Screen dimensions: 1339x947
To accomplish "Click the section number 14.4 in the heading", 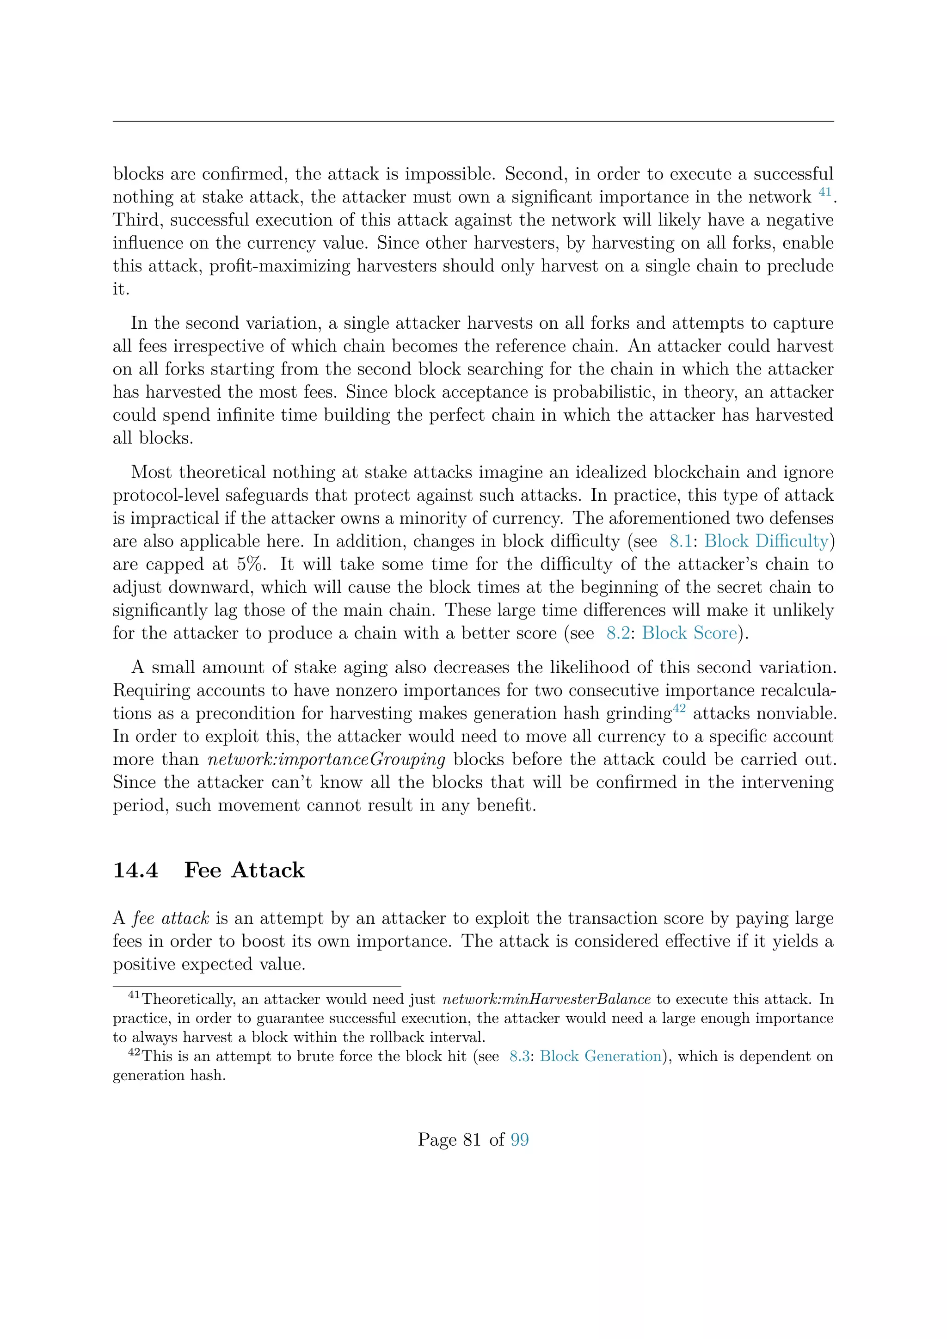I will tap(135, 870).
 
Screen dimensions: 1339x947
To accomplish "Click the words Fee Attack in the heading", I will tap(244, 870).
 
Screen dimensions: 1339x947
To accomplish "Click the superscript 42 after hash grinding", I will tap(680, 709).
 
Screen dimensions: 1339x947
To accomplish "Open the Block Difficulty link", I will tap(766, 541).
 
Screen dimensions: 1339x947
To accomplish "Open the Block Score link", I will tap(689, 633).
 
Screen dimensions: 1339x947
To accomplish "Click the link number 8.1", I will tap(680, 541).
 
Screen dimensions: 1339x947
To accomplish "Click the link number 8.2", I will tap(617, 633).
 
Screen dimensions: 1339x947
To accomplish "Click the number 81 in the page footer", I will tap(472, 1140).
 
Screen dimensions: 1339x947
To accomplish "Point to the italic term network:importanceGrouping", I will tap(326, 759).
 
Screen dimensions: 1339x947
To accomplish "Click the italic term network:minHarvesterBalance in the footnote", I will tap(547, 999).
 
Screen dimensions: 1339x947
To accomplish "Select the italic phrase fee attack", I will tap(171, 919).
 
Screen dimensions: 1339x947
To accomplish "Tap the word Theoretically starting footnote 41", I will tap(188, 999).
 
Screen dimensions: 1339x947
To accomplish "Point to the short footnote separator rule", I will tap(257, 986).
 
